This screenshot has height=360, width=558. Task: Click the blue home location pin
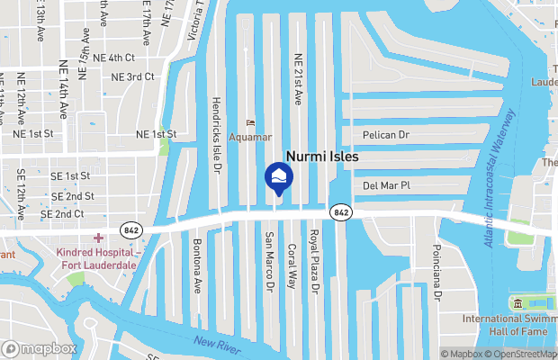pos(278,176)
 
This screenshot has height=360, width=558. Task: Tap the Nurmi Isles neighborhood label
pos(321,157)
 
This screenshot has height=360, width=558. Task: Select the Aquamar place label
pos(249,137)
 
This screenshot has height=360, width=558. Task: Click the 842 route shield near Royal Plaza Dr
pos(340,211)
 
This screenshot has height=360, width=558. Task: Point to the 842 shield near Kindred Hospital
pos(131,229)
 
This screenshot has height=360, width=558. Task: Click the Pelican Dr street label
pos(385,135)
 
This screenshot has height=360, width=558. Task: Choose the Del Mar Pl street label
pos(385,186)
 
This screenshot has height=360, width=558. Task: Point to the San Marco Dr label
pos(269,262)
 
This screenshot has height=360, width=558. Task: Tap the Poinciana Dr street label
pos(437,270)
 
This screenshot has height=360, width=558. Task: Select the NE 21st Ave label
pos(298,78)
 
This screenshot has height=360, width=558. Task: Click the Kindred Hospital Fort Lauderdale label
pos(97,259)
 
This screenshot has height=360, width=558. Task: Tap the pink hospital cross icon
pos(96,238)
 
